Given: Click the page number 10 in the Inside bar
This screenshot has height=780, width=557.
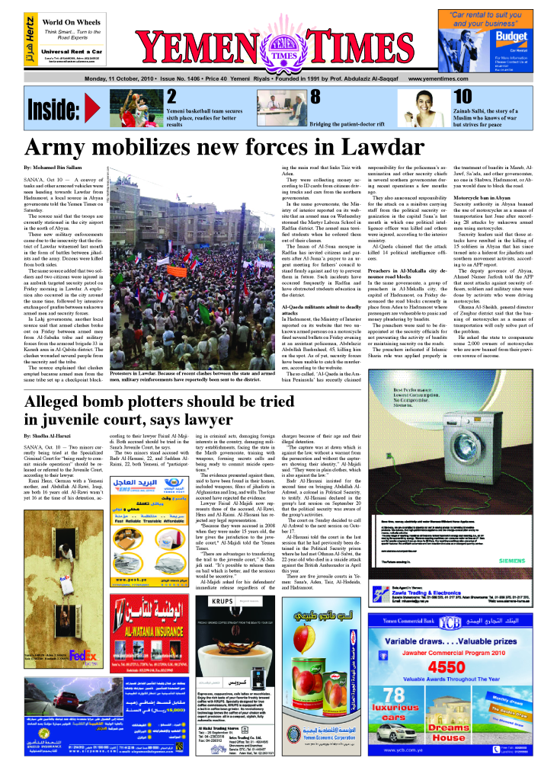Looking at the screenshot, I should tap(462, 97).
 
